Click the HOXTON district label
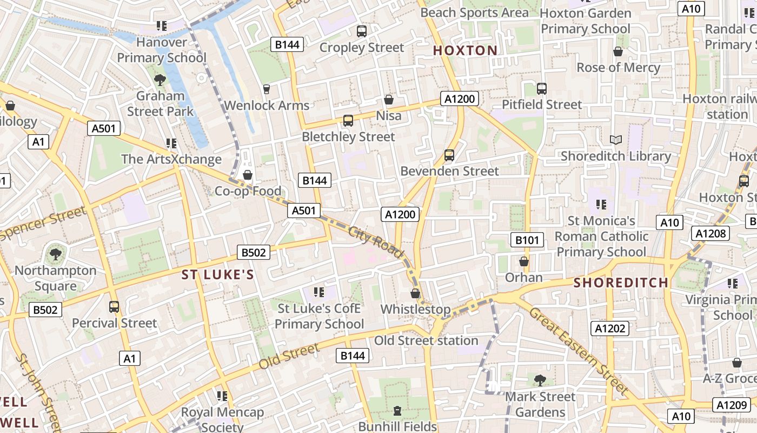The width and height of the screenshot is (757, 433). coord(465,51)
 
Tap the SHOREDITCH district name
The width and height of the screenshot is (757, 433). coord(621,283)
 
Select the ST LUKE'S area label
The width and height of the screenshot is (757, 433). coord(217,275)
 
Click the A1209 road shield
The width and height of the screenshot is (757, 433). coord(732,404)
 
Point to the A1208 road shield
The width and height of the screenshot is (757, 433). coord(711,233)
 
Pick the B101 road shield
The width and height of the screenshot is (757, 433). coord(527,240)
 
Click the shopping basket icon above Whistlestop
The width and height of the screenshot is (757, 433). coord(415,293)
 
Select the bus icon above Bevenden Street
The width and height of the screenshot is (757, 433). coord(449,155)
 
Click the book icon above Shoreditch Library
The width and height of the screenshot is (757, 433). coord(615,140)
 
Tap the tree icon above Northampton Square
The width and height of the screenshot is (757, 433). coord(55,254)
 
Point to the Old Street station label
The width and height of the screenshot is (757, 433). coord(426,340)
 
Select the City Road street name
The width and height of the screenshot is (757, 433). coord(376,242)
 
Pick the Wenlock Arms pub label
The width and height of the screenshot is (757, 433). coord(267,105)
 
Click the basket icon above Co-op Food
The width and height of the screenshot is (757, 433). coord(248,175)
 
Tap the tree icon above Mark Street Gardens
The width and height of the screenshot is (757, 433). coord(540,380)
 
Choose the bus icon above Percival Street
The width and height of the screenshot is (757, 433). coord(114,307)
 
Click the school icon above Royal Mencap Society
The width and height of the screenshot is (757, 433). coord(222,396)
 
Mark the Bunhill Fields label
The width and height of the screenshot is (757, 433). coord(397,427)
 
